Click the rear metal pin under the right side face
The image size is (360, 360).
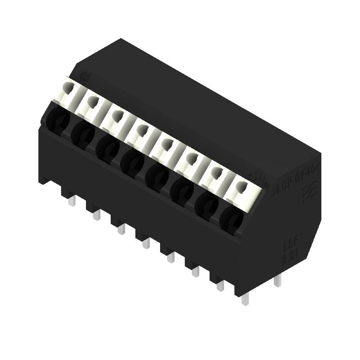point(278,281)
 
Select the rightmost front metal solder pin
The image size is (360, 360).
point(245,299)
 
